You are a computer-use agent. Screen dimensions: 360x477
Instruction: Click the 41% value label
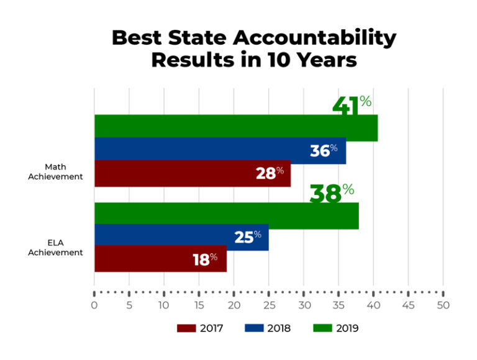pyautogui.click(x=352, y=104)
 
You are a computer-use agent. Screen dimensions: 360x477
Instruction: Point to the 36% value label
pyautogui.click(x=324, y=150)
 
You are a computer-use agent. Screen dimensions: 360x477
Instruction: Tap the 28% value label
pyautogui.click(x=270, y=173)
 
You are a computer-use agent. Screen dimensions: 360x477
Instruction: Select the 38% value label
pyautogui.click(x=332, y=192)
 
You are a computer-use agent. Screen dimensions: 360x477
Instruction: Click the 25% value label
pyautogui.click(x=248, y=237)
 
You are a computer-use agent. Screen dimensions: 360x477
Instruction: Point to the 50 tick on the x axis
pyautogui.click(x=443, y=305)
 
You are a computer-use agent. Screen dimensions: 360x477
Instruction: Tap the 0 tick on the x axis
pyautogui.click(x=94, y=305)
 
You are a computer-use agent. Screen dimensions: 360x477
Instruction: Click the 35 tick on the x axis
pyautogui.click(x=338, y=305)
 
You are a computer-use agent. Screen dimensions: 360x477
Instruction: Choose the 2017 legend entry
pyautogui.click(x=199, y=328)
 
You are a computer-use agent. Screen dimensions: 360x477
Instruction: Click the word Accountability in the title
pyautogui.click(x=314, y=38)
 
